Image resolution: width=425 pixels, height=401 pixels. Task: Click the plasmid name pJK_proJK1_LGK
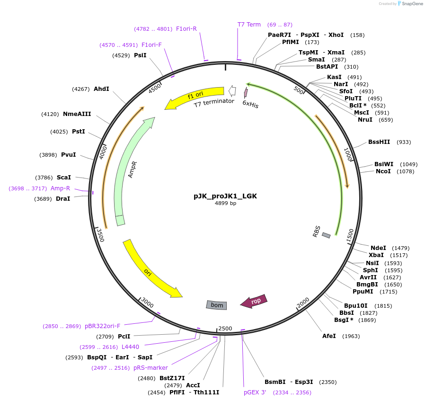pos(225,196)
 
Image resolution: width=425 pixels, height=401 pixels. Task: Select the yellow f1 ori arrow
pos(194,97)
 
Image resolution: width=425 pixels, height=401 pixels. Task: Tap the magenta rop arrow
pos(254,301)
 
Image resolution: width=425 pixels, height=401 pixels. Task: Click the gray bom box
pos(217,305)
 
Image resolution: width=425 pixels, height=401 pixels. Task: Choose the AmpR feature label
pos(133,169)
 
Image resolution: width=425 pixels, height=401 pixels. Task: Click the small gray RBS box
pos(326,235)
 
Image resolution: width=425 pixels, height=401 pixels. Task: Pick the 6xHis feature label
pos(250,104)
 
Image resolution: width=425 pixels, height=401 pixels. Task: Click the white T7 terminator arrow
pos(232,90)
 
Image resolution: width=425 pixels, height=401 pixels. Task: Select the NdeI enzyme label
pos(378,248)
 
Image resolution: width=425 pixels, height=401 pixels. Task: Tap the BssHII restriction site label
pos(379,142)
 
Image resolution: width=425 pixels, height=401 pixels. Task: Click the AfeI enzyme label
pos(329,336)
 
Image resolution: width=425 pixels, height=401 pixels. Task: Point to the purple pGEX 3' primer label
pos(255,392)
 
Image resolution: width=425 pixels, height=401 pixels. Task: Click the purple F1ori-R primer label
pos(186,29)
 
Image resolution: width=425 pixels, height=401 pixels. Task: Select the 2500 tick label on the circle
pos(225,329)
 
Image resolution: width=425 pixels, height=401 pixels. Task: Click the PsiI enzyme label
pos(140,55)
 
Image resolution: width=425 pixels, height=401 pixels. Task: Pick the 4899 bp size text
pos(225,204)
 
